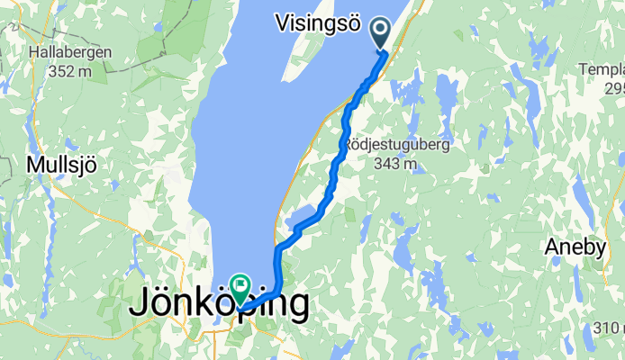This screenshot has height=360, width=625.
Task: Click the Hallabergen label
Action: click(x=70, y=53)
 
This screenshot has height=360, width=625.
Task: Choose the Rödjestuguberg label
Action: click(x=396, y=144)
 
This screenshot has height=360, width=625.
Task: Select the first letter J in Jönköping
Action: click(x=140, y=303)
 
